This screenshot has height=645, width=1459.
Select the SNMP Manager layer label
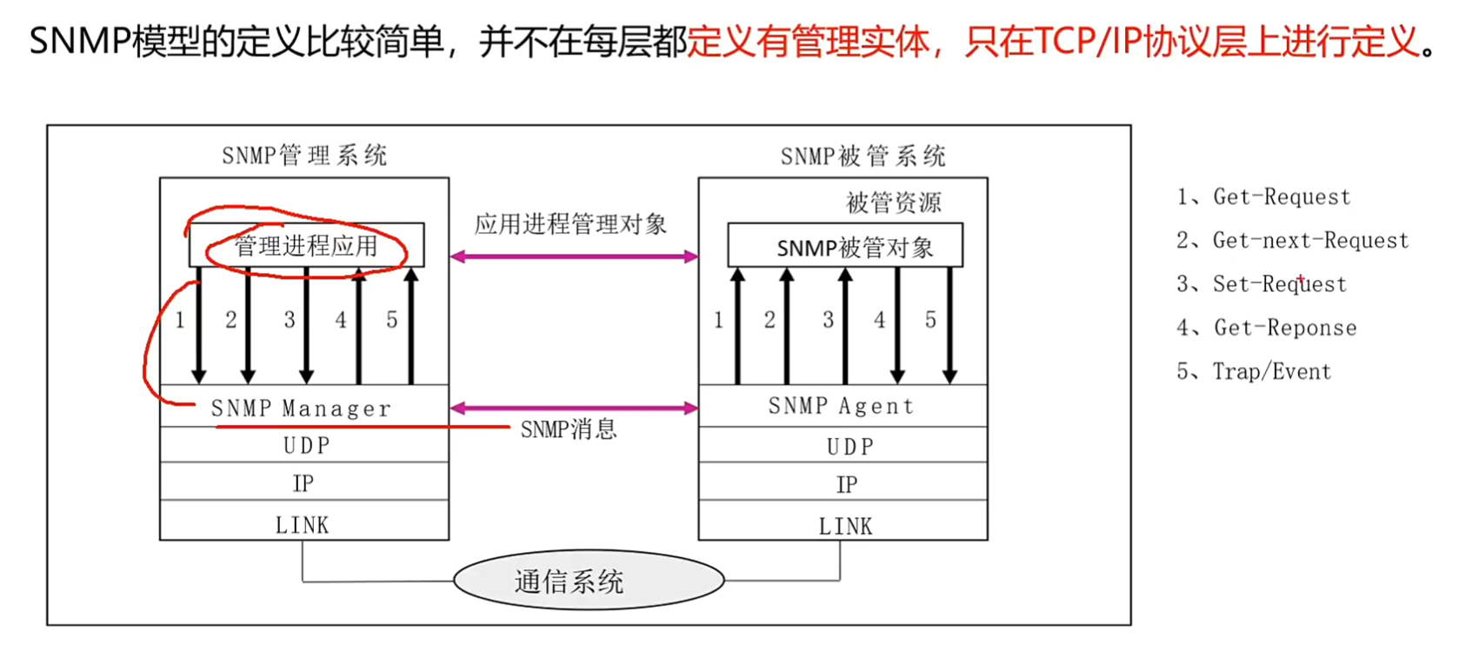pyautogui.click(x=301, y=408)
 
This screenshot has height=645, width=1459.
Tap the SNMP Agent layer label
pyautogui.click(x=841, y=406)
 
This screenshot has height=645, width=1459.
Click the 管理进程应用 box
pyautogui.click(x=306, y=246)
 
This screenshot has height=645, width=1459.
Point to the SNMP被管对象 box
pyautogui.click(x=844, y=246)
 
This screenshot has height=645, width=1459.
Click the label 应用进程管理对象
pyautogui.click(x=570, y=224)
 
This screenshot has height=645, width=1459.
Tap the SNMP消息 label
pyautogui.click(x=569, y=429)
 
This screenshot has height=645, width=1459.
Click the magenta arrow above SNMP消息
pyautogui.click(x=574, y=408)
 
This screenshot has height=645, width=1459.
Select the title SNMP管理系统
pyautogui.click(x=304, y=156)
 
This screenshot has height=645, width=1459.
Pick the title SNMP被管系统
pyautogui.click(x=863, y=156)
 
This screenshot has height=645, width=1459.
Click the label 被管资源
pyautogui.click(x=893, y=203)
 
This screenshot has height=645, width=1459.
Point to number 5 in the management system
pyautogui.click(x=392, y=320)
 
